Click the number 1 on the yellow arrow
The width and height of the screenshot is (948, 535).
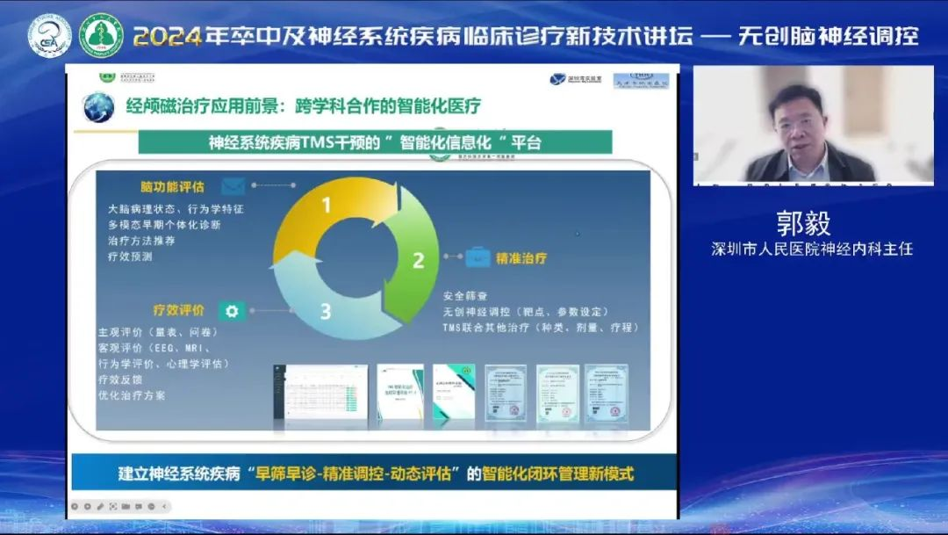[327, 206]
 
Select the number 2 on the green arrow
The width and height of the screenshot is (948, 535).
[419, 260]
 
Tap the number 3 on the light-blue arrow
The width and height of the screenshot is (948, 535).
[326, 310]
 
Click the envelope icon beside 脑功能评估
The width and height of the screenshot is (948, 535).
[233, 186]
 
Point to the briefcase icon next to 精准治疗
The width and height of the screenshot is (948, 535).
[478, 258]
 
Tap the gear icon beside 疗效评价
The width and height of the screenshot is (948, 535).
[232, 310]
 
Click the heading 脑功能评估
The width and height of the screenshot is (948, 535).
[172, 187]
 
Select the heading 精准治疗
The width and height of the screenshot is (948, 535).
[521, 258]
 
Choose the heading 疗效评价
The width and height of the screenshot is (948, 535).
[178, 310]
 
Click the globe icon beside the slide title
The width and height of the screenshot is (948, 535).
[98, 107]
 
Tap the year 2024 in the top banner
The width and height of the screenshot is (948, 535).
[168, 35]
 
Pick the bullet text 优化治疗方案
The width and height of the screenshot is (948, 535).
[132, 395]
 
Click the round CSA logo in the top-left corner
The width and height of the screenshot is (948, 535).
[48, 36]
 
